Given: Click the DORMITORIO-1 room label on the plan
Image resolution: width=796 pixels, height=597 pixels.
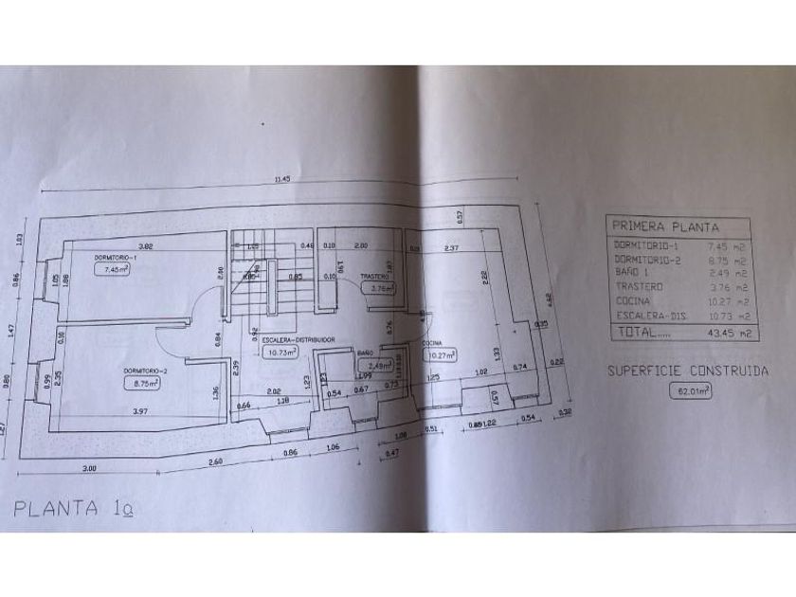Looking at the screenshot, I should tap(117, 258).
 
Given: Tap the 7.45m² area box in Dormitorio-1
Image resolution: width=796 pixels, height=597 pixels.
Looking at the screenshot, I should tap(112, 269).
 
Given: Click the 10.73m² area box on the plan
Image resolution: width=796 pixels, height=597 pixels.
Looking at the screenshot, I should tap(281, 351).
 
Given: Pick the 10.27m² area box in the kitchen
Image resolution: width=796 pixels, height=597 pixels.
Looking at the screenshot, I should tap(442, 355).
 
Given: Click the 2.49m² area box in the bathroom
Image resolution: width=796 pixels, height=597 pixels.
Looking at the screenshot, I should tap(369, 363).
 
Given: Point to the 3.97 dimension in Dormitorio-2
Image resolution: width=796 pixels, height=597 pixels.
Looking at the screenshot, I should tap(142, 410).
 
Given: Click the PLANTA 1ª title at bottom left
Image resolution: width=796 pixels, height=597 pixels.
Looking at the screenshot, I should tap(75, 509).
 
